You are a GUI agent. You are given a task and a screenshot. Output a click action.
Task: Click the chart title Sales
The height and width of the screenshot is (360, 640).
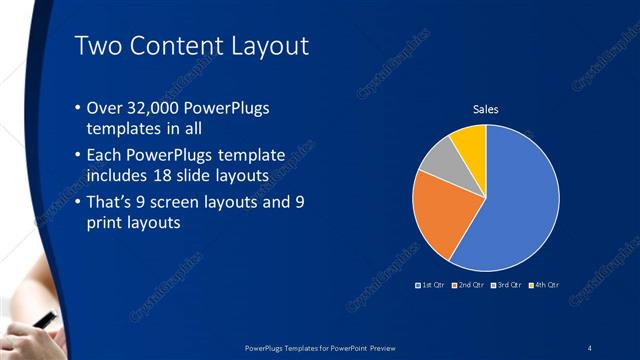[x=485, y=109]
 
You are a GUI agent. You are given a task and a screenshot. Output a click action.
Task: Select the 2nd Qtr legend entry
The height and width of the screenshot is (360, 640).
[x=469, y=285]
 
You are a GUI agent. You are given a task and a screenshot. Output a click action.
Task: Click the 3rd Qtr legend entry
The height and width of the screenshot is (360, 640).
[x=506, y=285]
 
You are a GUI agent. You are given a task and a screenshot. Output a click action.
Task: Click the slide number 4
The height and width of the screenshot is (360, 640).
[x=590, y=347]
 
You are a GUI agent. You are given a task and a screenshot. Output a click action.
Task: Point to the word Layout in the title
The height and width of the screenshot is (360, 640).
[x=263, y=46]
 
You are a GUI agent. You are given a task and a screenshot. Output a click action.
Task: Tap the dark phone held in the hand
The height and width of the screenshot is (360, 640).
[x=45, y=321]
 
